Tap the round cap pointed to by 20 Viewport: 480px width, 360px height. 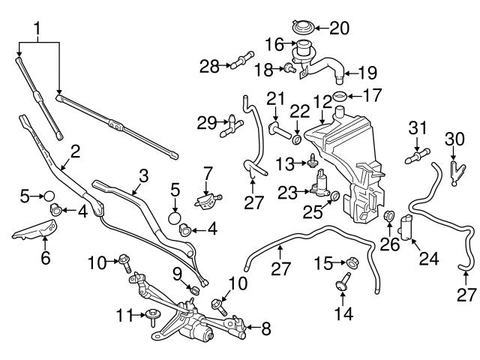click(x=303, y=28)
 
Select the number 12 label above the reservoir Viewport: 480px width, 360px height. click(x=322, y=101)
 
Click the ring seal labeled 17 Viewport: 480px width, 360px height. click(x=339, y=96)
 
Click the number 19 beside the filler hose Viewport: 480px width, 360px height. click(x=367, y=73)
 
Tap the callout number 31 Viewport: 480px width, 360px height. click(x=416, y=127)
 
